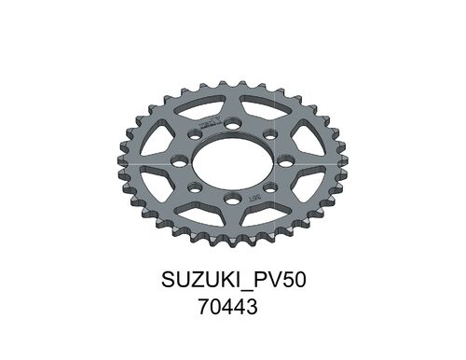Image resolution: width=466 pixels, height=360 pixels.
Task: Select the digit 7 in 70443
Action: click(x=204, y=306)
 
